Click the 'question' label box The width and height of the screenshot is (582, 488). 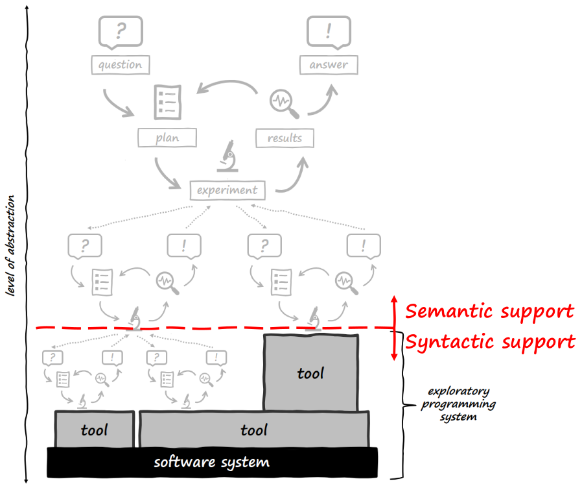point(120,64)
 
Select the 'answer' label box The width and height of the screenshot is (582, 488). point(328,64)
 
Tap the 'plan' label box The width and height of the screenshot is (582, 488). point(167,138)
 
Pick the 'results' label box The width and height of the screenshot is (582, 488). point(285,138)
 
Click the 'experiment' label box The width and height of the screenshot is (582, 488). point(227,190)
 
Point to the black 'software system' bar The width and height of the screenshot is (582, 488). point(212,463)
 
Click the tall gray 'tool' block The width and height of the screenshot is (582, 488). point(310,373)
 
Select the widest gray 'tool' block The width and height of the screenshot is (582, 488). point(254,430)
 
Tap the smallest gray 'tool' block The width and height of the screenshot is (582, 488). point(95,430)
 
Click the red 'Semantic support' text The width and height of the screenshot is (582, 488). point(489,311)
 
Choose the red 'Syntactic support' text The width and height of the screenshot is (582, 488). point(490,341)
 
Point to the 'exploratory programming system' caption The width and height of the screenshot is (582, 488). point(458,404)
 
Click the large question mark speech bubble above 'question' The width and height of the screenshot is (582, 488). point(120,31)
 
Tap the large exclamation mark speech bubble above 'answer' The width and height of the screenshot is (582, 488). point(329,31)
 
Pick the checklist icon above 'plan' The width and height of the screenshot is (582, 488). point(167,102)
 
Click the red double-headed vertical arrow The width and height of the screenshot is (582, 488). point(393,328)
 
